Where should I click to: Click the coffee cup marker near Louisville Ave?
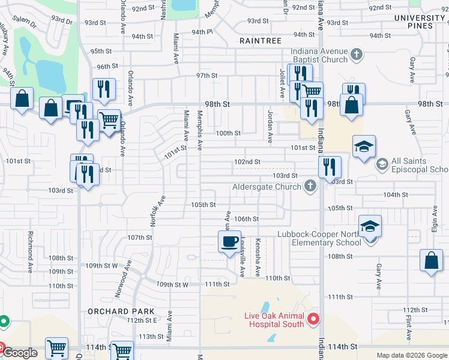click(229, 242)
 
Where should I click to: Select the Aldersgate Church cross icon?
click(310, 187)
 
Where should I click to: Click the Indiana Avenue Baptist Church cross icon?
click(356, 55)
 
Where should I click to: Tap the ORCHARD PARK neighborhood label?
click(121, 311)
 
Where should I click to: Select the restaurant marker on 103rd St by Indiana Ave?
click(329, 167)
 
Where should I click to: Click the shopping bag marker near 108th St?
click(431, 260)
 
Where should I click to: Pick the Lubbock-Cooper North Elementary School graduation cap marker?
click(370, 226)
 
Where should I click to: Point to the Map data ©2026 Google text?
click(411, 355)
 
